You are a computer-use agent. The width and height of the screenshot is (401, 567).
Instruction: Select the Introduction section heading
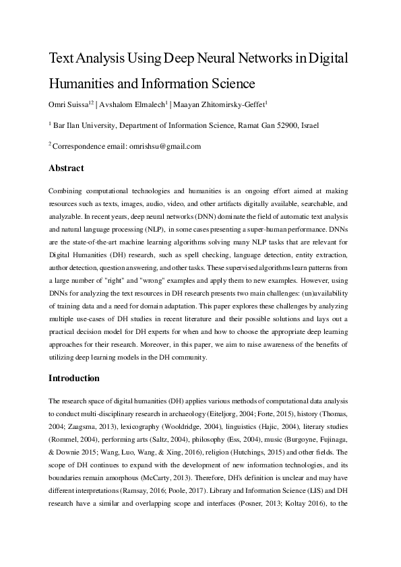[x=74, y=378]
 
